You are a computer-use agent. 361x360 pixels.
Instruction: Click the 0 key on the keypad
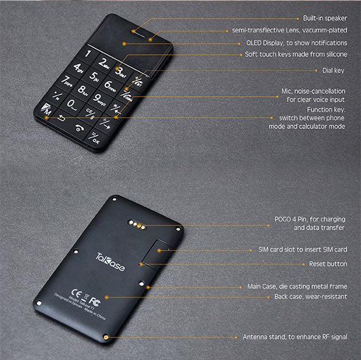tap(72, 105)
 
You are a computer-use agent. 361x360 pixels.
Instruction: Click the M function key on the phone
tap(46, 111)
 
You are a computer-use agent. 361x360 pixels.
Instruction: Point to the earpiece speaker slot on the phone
tap(141, 30)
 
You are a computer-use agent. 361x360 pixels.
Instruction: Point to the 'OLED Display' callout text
tap(296, 43)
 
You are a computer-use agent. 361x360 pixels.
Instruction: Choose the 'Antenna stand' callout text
tap(295, 337)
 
